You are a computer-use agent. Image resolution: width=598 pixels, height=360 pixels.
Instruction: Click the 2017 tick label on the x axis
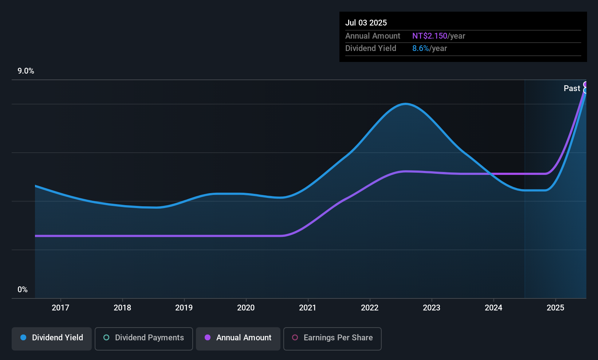pos(60,308)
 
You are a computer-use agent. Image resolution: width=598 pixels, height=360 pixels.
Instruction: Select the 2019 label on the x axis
pos(184,308)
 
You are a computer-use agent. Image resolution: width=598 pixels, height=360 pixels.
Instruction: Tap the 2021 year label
pos(308,308)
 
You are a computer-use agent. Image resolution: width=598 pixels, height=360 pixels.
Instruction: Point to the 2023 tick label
pos(432,308)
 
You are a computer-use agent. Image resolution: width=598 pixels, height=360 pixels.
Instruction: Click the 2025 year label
pos(555,308)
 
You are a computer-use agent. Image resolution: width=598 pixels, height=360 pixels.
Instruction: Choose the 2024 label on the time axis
pos(493,308)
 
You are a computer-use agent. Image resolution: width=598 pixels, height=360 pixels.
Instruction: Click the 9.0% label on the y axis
pos(26,71)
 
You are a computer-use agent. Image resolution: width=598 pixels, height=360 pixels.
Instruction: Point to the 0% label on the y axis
pos(23,290)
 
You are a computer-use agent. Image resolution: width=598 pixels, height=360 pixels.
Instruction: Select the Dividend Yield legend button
pos(52,338)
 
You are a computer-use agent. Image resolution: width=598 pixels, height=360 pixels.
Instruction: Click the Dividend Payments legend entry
pos(144,338)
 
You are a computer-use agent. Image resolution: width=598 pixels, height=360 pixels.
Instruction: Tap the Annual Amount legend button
pos(238,338)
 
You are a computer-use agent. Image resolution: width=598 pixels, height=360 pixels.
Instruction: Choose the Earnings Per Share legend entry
pos(332,338)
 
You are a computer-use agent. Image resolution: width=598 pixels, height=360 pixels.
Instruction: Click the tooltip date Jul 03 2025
pos(366,23)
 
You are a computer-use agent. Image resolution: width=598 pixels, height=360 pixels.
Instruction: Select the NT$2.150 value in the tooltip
pos(430,36)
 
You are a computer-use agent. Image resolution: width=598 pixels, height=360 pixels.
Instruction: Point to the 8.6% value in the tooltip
pos(421,48)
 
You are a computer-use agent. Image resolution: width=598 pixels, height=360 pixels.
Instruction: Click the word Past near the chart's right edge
pos(572,88)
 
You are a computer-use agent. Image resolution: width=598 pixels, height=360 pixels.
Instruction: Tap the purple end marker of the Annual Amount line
pos(586,85)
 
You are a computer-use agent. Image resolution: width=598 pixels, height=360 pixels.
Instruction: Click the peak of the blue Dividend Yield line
pos(406,104)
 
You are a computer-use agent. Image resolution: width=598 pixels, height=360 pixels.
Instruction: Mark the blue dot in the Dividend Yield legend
pos(23,338)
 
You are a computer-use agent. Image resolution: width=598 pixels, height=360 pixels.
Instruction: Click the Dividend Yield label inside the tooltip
pos(371,48)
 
